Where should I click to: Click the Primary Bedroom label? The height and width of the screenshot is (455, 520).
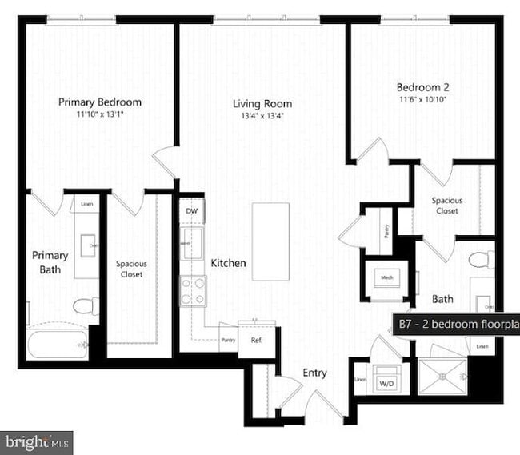coord(100,102)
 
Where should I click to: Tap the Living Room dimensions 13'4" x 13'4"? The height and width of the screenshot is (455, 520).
coord(262,116)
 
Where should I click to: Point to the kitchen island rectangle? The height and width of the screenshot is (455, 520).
coord(270,241)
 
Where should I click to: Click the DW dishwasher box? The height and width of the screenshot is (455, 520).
coord(192,210)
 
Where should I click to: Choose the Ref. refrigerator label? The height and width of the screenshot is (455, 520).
coord(257,339)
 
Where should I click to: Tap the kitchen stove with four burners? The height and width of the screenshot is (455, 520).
coord(193,291)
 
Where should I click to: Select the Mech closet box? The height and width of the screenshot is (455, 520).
coord(387,277)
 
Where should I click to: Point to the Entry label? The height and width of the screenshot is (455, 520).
coord(314,373)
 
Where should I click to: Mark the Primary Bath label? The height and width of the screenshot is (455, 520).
coord(50,262)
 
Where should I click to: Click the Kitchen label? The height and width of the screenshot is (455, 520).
coord(228,263)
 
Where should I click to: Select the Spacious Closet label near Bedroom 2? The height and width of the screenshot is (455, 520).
coord(446,206)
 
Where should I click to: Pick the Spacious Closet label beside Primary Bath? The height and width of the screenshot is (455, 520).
coord(131,269)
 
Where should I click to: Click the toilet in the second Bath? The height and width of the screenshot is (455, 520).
coord(481,260)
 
